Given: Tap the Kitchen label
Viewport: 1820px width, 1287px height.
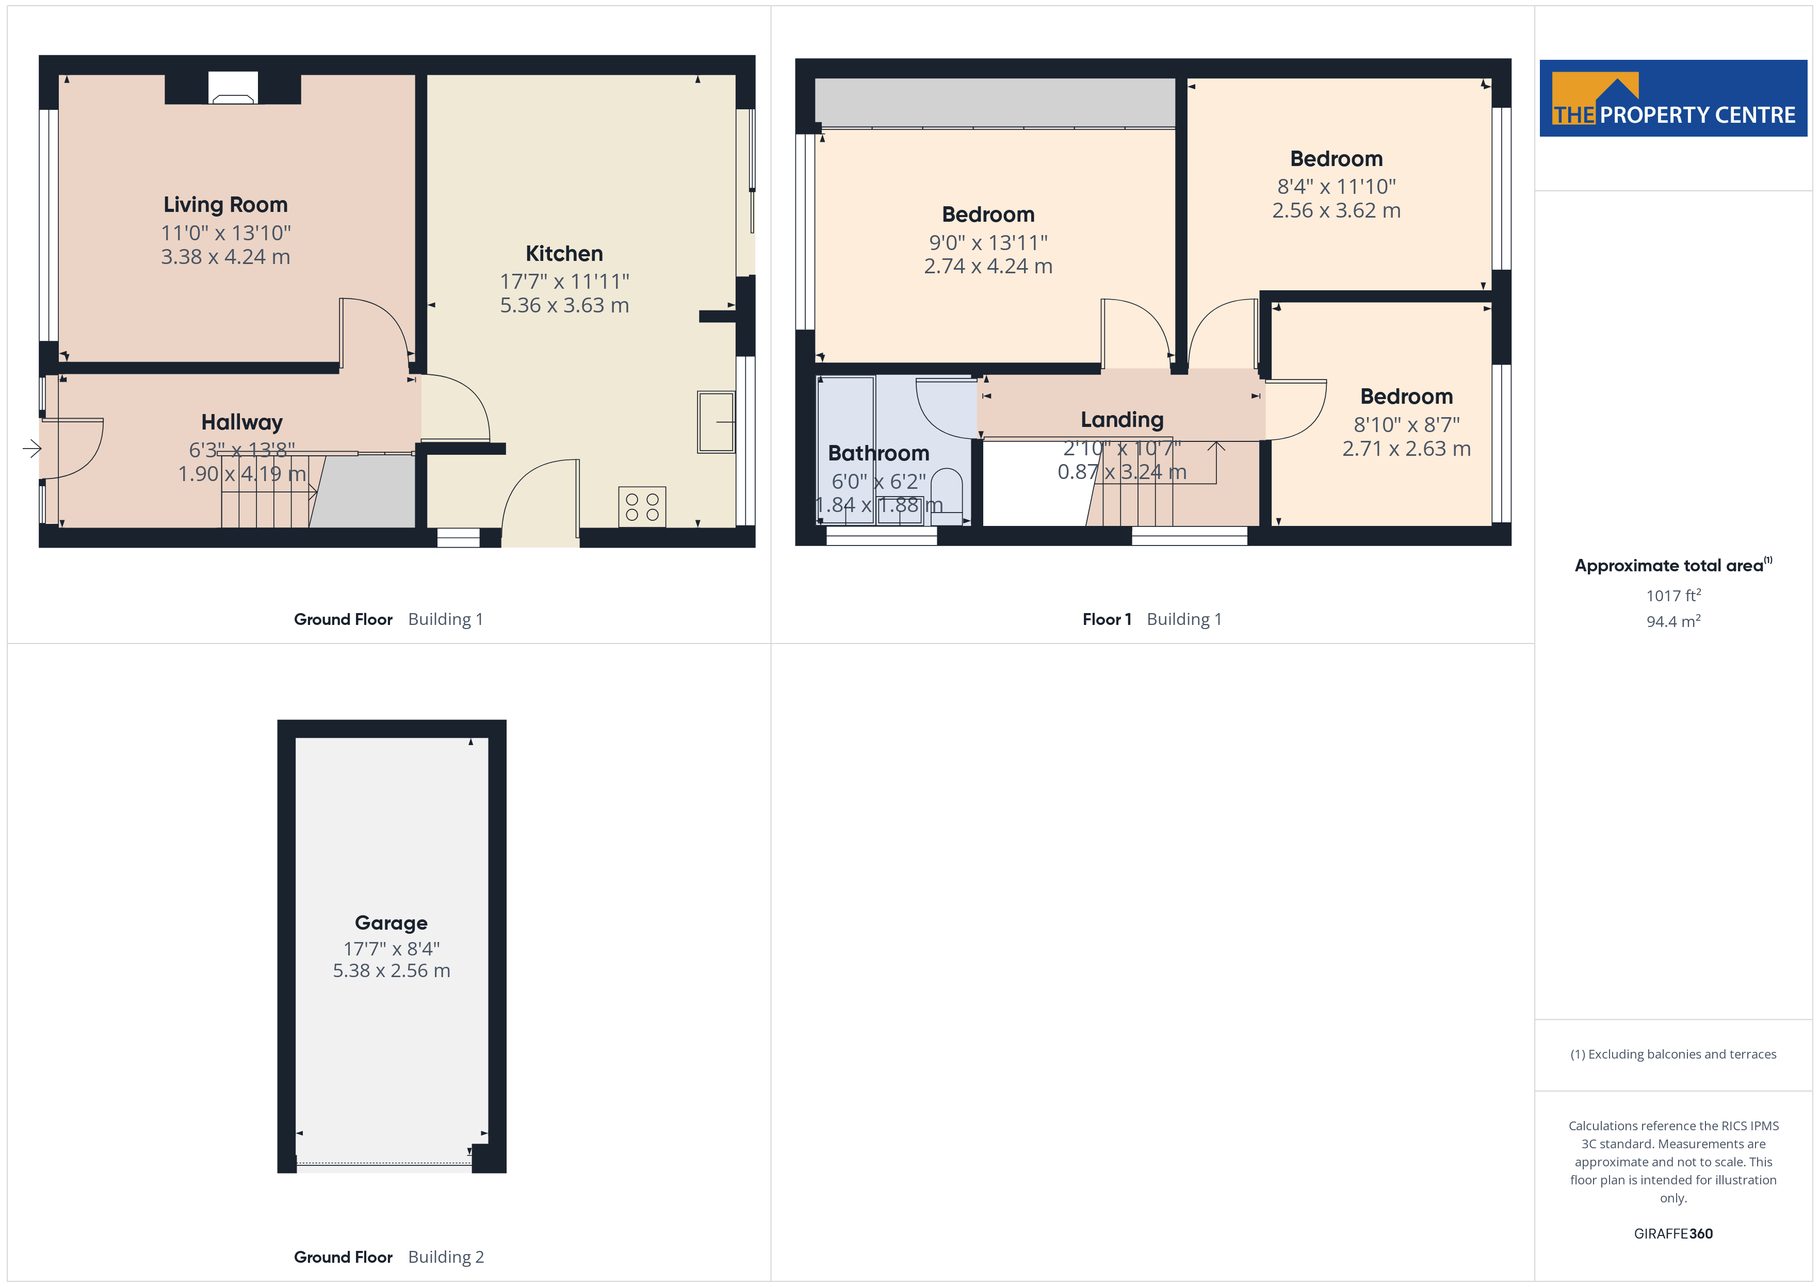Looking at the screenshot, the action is point(564,254).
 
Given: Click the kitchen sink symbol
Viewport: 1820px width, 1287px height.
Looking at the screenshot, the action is point(716,422).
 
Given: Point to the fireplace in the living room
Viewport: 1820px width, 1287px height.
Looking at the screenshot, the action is point(233,88).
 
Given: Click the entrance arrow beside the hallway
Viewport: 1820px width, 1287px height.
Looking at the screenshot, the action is point(31,449).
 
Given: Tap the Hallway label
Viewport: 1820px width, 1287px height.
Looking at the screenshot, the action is point(242,422).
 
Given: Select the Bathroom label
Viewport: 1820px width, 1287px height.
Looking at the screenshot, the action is point(879,453).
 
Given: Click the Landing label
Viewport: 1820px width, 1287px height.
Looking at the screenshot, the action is point(1122,420).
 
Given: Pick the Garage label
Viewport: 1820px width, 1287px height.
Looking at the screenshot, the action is point(391,923).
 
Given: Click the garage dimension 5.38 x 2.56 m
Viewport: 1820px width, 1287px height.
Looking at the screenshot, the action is point(392,971).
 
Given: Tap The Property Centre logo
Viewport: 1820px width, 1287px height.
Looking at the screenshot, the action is point(1673,98).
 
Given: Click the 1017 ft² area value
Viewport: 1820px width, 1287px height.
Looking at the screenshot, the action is point(1673,595).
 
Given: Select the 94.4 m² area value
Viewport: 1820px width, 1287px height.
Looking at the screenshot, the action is point(1673,621).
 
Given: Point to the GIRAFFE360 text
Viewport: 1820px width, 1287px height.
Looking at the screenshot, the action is point(1673,1234).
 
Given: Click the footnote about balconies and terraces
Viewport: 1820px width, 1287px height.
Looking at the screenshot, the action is point(1673,1054).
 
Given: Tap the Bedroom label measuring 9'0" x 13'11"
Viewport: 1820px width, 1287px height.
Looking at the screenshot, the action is point(988,215).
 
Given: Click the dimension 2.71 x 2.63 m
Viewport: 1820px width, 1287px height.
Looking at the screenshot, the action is point(1406,449).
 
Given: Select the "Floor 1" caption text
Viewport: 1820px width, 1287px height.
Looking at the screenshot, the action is point(1107,620).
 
